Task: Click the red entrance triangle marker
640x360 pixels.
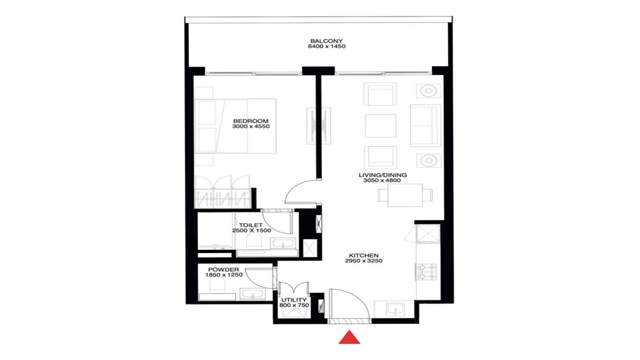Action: click(x=350, y=337)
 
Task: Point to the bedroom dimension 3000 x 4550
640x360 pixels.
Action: click(x=251, y=126)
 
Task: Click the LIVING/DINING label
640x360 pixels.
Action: click(x=382, y=175)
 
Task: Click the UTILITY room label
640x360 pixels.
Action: click(x=294, y=300)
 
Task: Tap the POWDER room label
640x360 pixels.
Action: click(x=223, y=270)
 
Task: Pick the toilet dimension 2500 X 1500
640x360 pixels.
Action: click(x=252, y=231)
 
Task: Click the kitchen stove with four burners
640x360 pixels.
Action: click(x=427, y=271)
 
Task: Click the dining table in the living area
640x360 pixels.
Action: click(x=401, y=195)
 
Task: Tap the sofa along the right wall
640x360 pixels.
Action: click(x=425, y=126)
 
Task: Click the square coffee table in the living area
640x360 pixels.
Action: click(x=380, y=126)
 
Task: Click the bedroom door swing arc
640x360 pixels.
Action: click(x=300, y=192)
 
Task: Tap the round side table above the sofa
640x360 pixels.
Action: click(x=428, y=91)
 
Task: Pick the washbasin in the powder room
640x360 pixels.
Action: click(x=253, y=294)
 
